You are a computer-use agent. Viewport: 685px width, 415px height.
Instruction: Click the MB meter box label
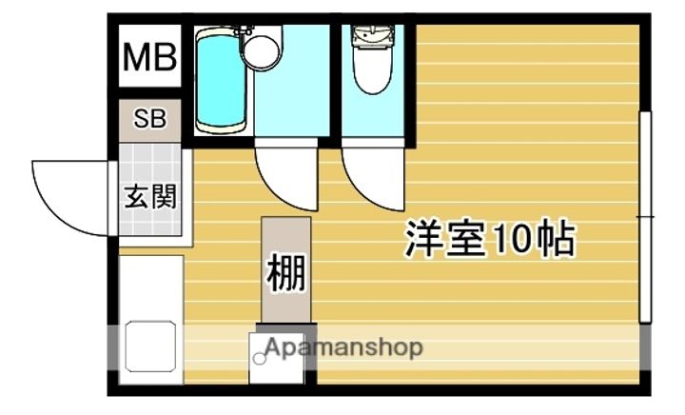[150, 57]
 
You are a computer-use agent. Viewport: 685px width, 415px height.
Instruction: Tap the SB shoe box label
[150, 118]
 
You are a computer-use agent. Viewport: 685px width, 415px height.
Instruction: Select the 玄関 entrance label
[150, 197]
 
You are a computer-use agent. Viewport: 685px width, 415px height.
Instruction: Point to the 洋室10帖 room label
[490, 240]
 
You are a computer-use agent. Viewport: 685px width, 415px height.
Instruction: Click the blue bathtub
[220, 81]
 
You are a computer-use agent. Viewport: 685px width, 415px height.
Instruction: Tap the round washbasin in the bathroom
[262, 51]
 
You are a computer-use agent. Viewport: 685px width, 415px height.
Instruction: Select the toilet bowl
[373, 69]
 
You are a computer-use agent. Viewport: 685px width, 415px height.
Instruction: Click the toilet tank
[373, 36]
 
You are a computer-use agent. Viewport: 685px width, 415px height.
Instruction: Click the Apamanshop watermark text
[343, 347]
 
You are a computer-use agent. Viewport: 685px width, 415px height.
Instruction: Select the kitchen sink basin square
[150, 346]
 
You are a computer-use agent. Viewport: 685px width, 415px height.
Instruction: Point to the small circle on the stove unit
[260, 359]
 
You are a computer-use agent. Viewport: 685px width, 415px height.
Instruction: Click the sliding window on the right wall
[645, 217]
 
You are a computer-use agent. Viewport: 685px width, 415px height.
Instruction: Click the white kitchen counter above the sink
[150, 287]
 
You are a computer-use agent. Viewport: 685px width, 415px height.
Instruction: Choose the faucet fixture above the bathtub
[243, 30]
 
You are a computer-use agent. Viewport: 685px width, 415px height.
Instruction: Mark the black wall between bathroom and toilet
[335, 81]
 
